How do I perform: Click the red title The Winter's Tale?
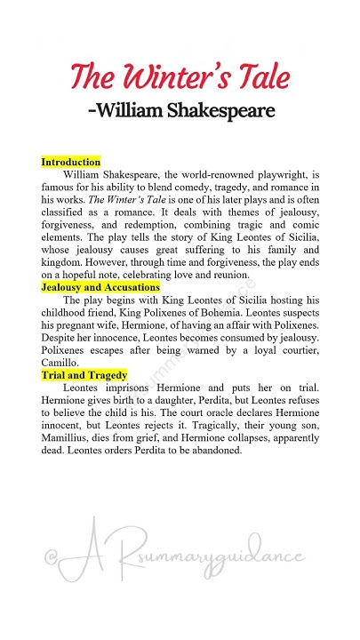[x=179, y=76]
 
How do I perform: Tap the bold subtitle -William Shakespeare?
[x=180, y=111]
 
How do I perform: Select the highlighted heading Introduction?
[x=70, y=163]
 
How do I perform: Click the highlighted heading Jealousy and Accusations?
[x=100, y=288]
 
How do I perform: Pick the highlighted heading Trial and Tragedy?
[x=84, y=376]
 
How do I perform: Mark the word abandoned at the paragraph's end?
[x=212, y=451]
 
